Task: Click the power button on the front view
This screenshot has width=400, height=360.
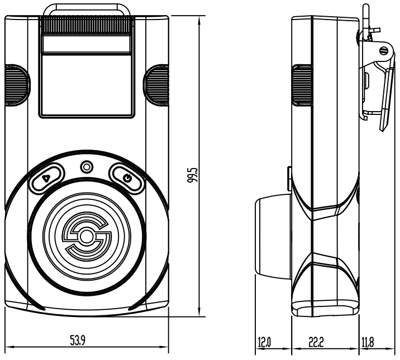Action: point(127,178)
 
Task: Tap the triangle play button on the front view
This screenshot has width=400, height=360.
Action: point(47,178)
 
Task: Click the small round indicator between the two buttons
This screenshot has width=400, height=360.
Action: point(87,167)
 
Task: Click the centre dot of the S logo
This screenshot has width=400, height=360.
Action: point(85,237)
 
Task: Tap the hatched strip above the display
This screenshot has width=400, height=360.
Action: point(87,25)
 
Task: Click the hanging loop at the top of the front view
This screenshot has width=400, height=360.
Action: point(87,8)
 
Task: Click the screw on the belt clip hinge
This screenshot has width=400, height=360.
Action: point(383,51)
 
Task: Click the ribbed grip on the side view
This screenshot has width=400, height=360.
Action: point(301,84)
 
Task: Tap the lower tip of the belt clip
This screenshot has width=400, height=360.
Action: point(384,127)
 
